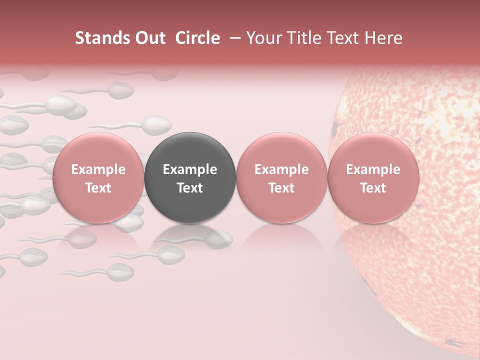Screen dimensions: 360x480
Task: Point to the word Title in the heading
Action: coord(305,38)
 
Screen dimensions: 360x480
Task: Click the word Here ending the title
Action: coord(383,38)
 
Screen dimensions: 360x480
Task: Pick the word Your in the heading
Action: coord(265,38)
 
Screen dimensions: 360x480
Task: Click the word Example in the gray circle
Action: coord(190,169)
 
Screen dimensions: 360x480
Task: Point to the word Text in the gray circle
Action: coord(190,188)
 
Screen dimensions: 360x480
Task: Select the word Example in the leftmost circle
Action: coord(98,169)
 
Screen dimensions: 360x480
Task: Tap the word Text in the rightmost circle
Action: coord(373,188)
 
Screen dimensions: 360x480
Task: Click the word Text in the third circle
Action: coord(281,188)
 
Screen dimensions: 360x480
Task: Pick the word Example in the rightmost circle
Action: coord(373,169)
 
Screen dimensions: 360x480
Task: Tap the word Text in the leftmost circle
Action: coord(98,188)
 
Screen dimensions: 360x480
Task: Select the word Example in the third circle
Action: coord(281,169)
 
